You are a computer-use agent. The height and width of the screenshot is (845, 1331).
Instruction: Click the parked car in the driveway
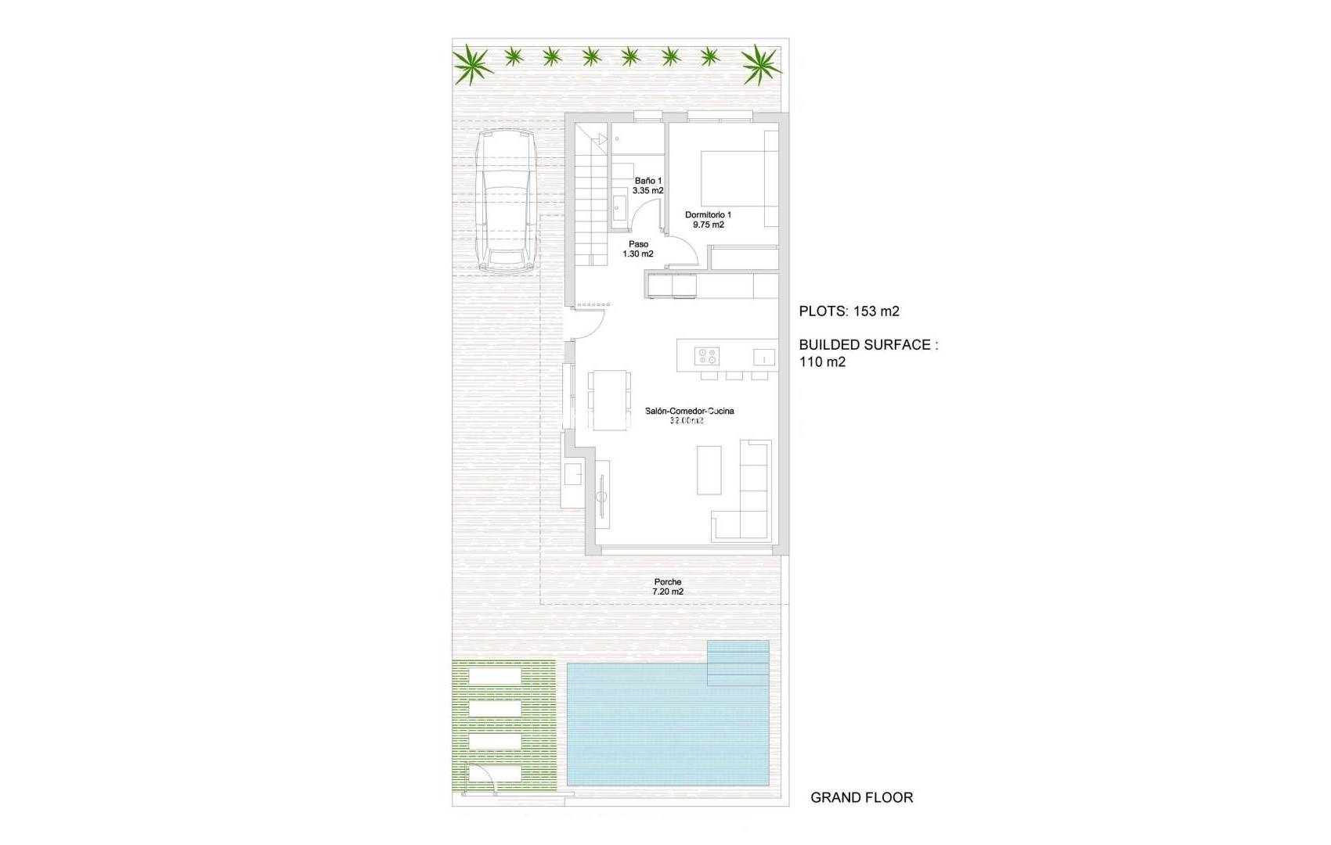[506, 201]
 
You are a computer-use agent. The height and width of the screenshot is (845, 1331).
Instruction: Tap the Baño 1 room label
[647, 185]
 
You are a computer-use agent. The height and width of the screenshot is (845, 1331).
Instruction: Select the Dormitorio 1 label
[708, 220]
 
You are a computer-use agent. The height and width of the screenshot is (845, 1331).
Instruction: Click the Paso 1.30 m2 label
[638, 249]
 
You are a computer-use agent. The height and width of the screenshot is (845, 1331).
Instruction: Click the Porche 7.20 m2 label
[668, 587]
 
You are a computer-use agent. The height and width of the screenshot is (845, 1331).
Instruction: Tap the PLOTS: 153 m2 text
[849, 311]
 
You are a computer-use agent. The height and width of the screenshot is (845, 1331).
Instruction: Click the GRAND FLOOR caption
[861, 797]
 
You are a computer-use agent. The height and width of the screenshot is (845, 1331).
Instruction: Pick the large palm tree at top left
[472, 63]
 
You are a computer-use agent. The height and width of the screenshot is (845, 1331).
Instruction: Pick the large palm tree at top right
[760, 63]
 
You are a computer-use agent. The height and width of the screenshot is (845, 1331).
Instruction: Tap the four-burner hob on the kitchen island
[707, 357]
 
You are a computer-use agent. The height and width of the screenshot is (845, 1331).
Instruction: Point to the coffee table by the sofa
[709, 469]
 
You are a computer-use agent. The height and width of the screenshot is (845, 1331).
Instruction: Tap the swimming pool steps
[738, 663]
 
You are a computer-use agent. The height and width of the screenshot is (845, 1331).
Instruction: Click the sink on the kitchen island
[763, 358]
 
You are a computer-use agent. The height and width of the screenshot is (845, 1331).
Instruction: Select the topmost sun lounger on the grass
[496, 675]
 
